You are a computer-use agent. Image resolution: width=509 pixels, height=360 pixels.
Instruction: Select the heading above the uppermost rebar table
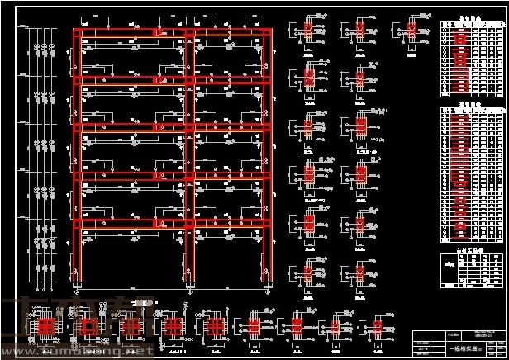(472, 15)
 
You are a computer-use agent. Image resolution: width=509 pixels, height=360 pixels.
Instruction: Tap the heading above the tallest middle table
(472, 107)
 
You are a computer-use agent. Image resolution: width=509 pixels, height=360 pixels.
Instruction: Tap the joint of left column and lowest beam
(75, 223)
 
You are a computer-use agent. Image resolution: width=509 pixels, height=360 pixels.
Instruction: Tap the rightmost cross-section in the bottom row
(379, 328)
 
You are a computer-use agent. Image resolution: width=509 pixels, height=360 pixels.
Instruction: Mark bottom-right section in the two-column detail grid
(360, 271)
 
